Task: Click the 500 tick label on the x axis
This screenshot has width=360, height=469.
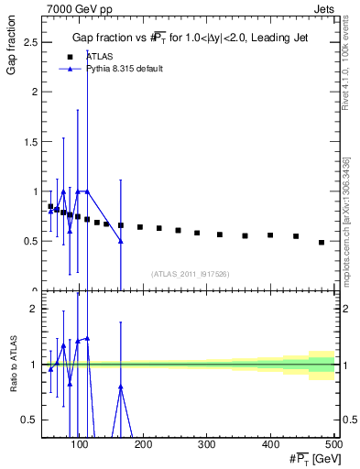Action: (x=333, y=445)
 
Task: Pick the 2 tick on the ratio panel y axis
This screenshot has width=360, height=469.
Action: (x=33, y=309)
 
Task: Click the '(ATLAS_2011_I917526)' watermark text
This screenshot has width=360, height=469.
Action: (x=189, y=273)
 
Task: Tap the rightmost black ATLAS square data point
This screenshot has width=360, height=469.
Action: (x=322, y=243)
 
